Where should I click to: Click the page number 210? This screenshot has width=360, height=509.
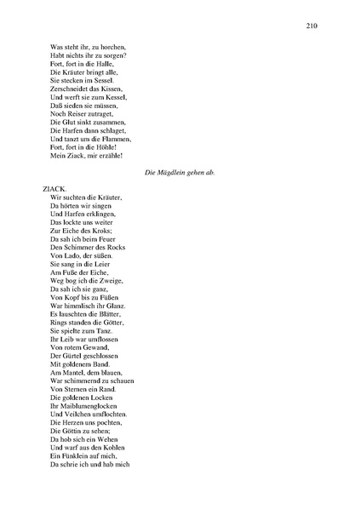tap(311, 26)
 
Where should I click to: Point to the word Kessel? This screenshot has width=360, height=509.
tap(109, 100)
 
